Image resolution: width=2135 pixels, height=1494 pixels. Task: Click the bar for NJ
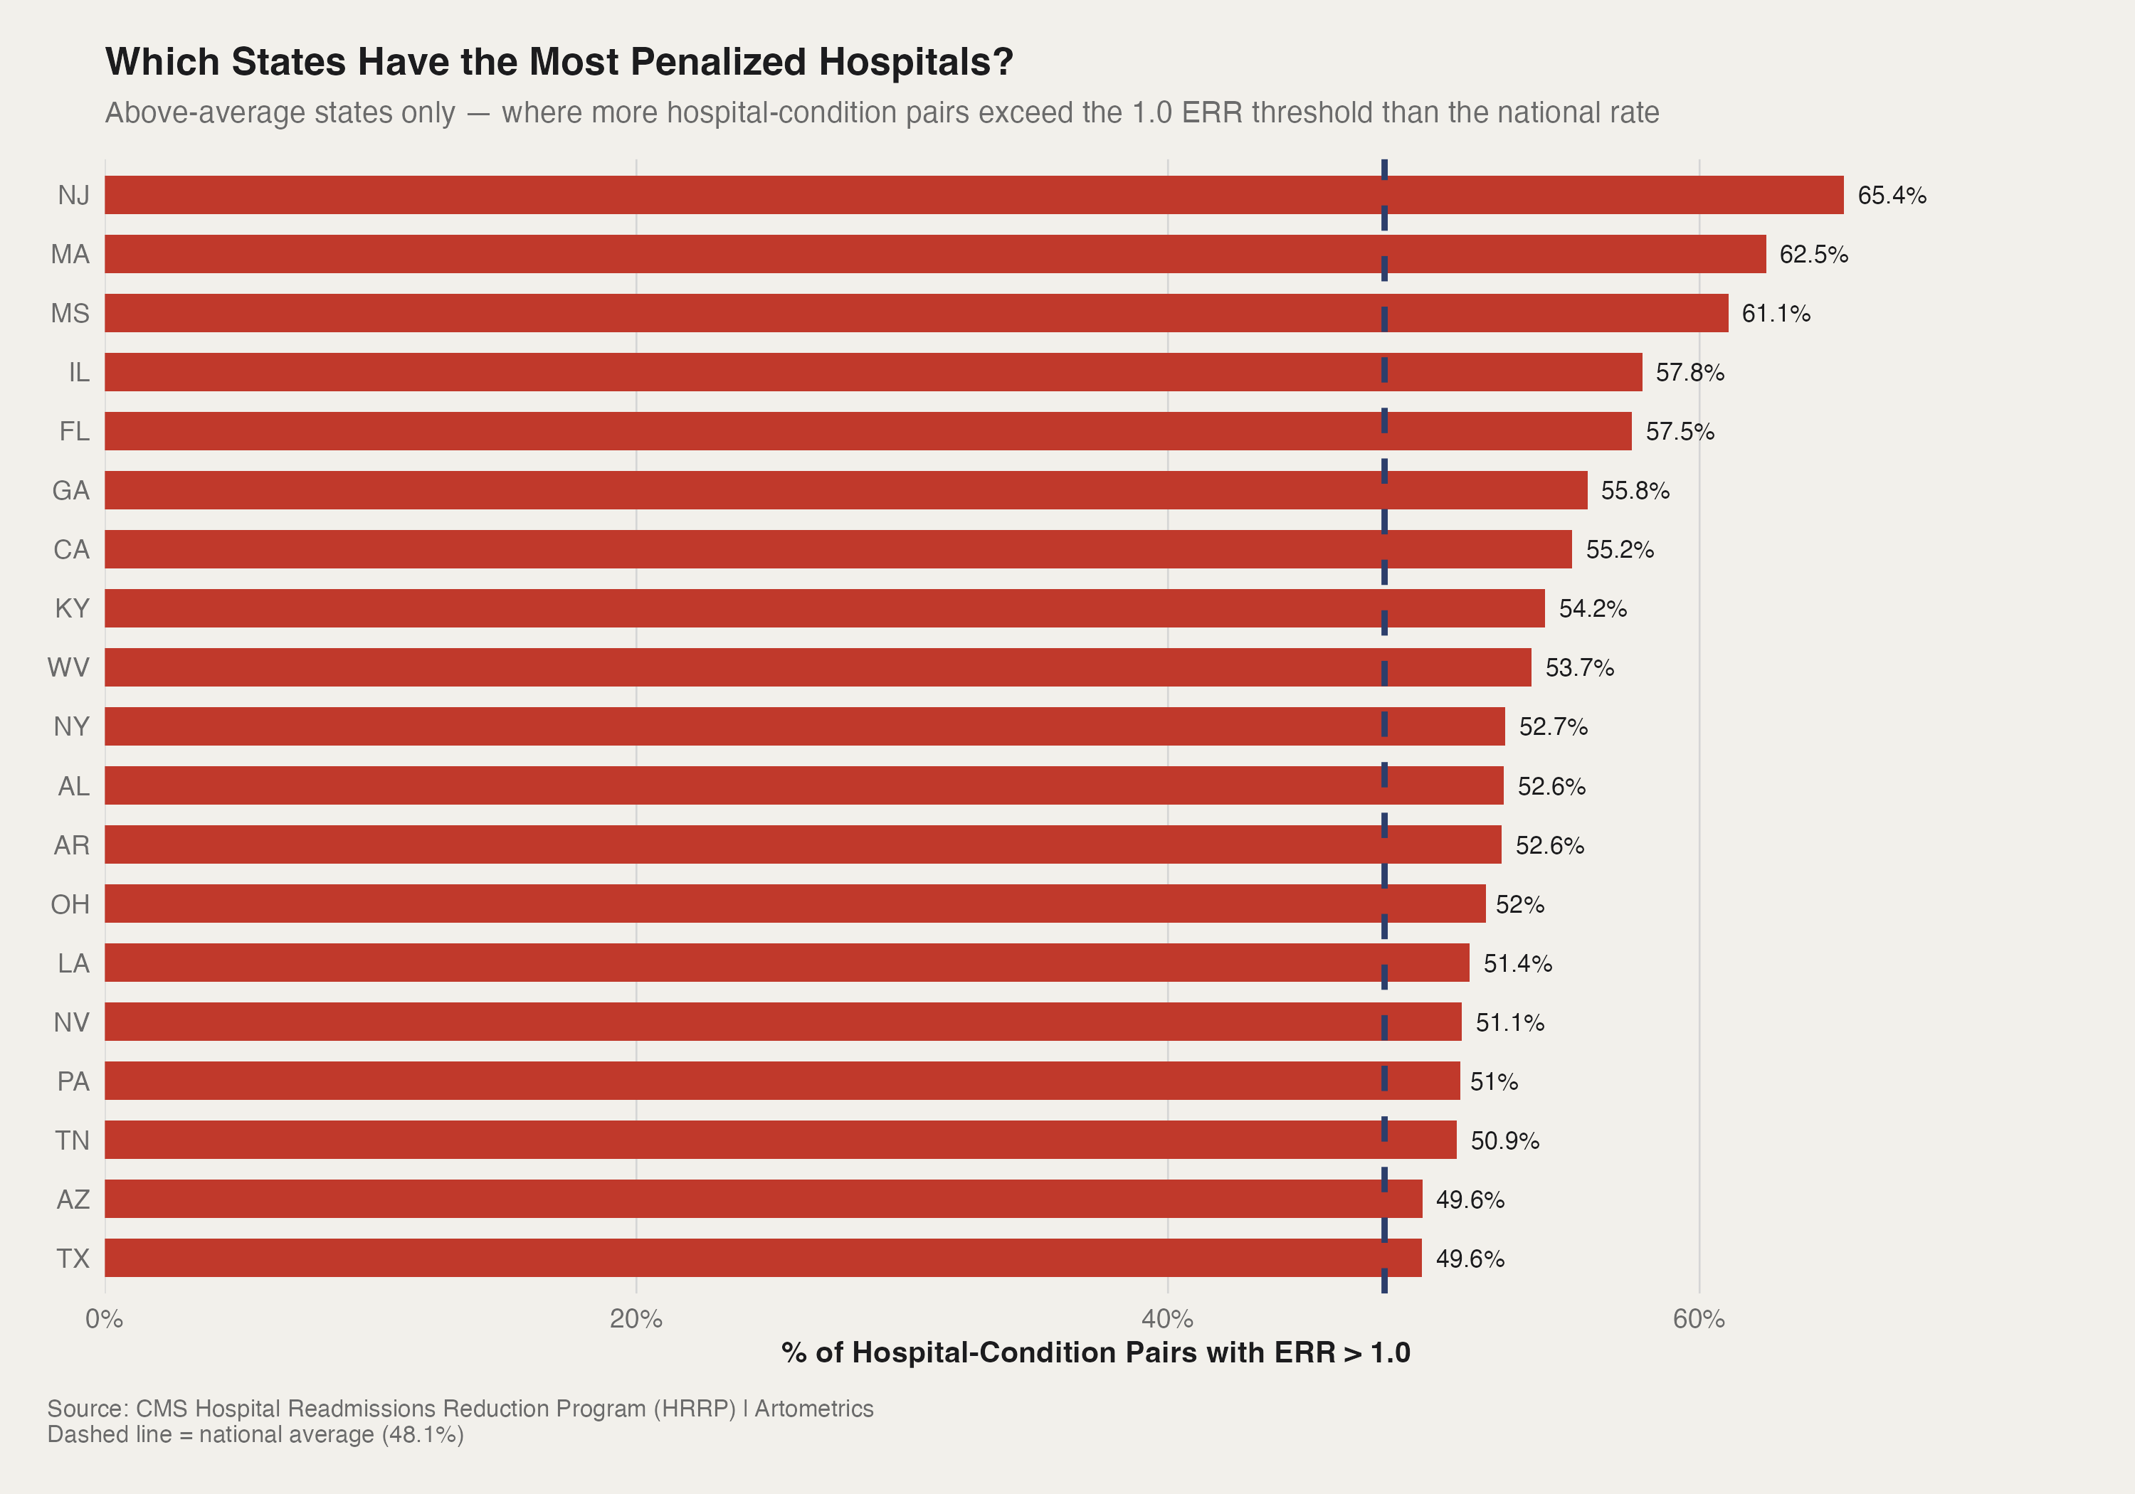(974, 195)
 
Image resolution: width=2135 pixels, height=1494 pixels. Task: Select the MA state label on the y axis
(70, 255)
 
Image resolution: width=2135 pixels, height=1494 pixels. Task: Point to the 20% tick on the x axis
(636, 1319)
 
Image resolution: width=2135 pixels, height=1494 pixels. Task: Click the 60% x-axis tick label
(1698, 1319)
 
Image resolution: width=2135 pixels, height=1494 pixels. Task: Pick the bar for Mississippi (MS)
(916, 313)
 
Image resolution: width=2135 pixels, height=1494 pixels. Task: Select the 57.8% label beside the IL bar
(1689, 373)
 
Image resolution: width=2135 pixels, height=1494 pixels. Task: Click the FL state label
(75, 431)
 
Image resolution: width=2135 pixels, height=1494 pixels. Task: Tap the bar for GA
(845, 490)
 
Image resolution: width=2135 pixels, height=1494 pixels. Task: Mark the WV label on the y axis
(69, 667)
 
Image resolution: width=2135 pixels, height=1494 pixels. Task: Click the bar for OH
(795, 904)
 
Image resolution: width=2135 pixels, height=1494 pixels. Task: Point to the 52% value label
(1519, 904)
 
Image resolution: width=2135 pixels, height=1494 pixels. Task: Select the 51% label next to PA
(1493, 1082)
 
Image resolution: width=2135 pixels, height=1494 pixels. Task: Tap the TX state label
(73, 1259)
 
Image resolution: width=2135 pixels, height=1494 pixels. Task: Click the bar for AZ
(762, 1199)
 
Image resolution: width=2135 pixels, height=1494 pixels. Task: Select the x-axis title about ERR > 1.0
(1095, 1352)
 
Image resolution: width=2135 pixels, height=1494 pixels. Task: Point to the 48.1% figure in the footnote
(423, 1434)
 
